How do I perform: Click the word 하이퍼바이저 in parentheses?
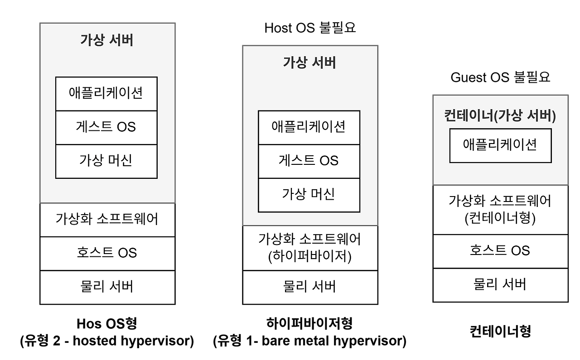(310, 256)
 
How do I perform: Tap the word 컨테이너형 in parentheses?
(500, 219)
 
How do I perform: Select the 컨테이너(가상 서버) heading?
(500, 116)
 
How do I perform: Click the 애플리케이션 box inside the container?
(500, 145)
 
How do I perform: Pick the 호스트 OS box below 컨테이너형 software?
(500, 251)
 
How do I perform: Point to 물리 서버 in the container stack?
(500, 284)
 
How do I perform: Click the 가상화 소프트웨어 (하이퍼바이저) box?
(310, 248)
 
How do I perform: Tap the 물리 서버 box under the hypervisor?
(310, 287)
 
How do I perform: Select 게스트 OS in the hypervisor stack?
(309, 161)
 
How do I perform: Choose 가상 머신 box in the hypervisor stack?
(309, 195)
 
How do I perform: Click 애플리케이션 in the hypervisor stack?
(309, 127)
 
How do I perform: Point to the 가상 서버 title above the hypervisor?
(310, 62)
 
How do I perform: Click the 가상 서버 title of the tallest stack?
(107, 40)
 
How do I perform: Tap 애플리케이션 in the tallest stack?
(106, 93)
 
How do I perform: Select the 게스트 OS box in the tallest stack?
(106, 127)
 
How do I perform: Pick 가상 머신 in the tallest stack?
(106, 161)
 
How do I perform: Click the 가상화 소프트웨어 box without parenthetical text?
(107, 220)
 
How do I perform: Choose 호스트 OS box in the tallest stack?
(107, 253)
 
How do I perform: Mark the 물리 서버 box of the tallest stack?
(107, 287)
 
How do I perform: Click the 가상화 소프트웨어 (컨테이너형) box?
(500, 210)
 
